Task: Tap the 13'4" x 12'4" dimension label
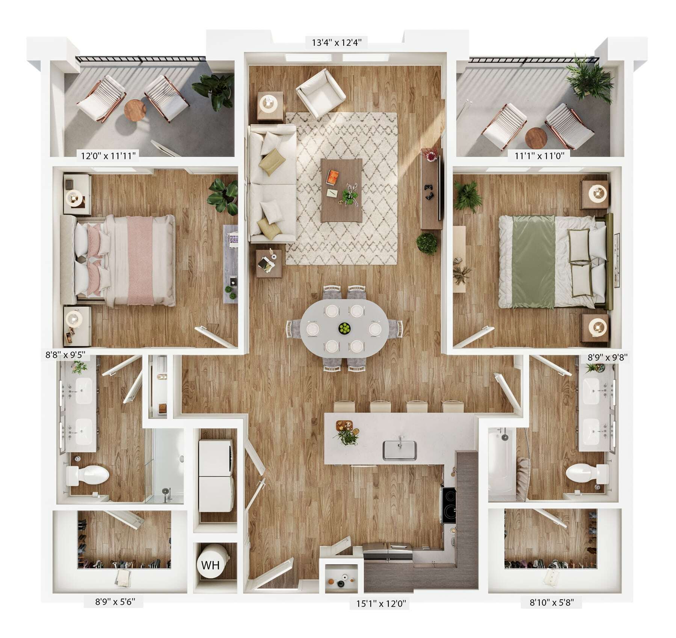pos(336,42)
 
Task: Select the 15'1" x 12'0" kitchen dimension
pos(381,604)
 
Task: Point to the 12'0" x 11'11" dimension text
pos(108,155)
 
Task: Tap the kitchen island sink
pos(399,450)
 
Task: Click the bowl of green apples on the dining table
pos(344,329)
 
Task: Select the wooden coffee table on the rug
pos(341,190)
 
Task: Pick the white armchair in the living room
pos(321,93)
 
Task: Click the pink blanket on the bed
pos(140,260)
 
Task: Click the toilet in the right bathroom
pos(587,474)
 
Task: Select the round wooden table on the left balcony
pos(135,110)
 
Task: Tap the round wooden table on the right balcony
pos(536,138)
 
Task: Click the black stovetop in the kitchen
pos(448,505)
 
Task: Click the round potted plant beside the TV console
pos(427,244)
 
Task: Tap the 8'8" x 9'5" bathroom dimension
pos(65,355)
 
